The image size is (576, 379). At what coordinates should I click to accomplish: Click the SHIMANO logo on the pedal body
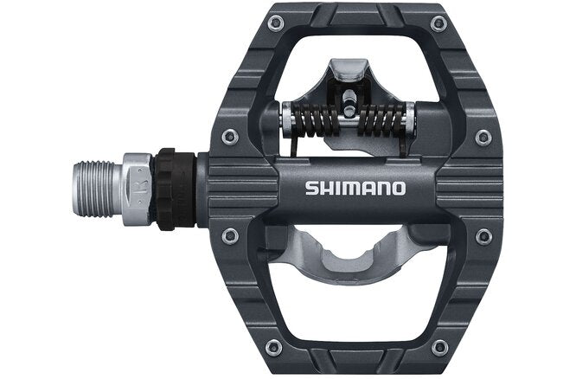[355, 188]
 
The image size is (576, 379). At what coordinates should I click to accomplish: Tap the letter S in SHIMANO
[310, 188]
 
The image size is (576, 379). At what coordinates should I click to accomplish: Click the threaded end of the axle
[96, 188]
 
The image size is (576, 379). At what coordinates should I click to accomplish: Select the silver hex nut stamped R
[137, 188]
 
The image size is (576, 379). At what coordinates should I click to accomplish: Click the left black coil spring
[313, 119]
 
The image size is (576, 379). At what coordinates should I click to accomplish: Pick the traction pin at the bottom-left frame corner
[274, 347]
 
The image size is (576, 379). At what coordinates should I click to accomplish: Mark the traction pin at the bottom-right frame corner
[439, 347]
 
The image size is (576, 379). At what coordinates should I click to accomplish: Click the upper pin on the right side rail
[483, 138]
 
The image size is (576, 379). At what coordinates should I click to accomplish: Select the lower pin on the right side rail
[483, 236]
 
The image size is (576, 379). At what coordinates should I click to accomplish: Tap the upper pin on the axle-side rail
[229, 137]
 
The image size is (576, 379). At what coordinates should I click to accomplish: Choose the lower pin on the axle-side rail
[229, 235]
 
